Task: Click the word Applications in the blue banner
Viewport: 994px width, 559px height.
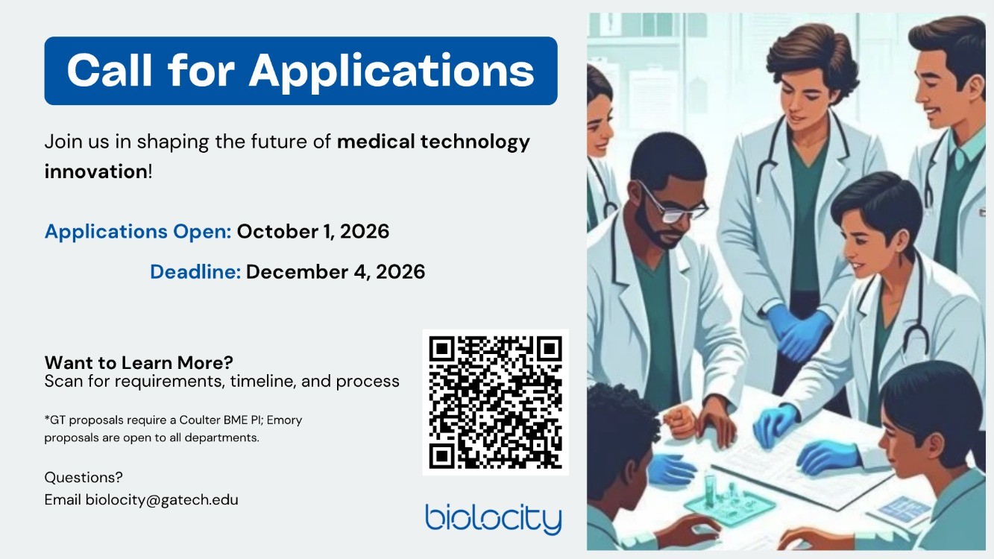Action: tap(391, 72)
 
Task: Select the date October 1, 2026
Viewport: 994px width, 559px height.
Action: tap(313, 232)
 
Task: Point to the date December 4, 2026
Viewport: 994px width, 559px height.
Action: tap(336, 272)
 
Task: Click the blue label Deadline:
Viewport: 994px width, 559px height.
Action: tap(195, 272)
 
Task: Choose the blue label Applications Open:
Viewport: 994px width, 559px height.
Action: tap(138, 232)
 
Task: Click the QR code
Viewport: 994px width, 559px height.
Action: tap(495, 402)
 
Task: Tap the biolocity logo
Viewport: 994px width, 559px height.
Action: tap(494, 519)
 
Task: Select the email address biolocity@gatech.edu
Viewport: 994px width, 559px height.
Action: tap(162, 500)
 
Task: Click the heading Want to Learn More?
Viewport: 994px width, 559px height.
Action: tap(139, 362)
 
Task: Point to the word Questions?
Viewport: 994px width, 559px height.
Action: tap(84, 477)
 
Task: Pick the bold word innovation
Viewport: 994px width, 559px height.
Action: tap(96, 171)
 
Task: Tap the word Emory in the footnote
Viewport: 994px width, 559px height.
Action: tap(284, 420)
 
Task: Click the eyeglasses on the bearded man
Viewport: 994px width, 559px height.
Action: tap(671, 203)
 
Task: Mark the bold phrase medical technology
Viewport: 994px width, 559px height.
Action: tap(433, 142)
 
